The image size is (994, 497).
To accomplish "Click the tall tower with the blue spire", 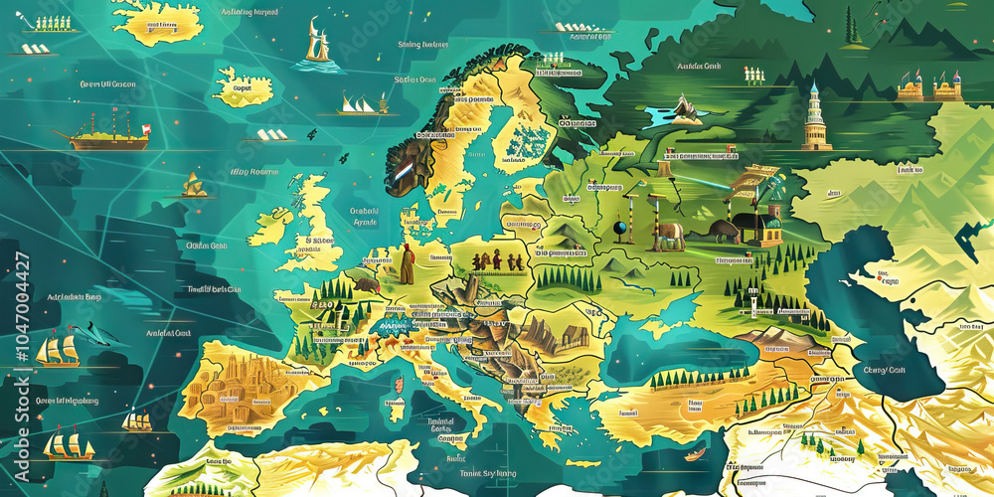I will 815,117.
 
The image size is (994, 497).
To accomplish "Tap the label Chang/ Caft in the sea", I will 884,370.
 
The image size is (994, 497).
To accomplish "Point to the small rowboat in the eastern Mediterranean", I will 695,454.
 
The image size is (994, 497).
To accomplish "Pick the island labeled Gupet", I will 244,86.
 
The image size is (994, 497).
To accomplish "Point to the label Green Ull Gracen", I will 107,84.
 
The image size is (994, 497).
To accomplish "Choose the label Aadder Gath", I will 698,67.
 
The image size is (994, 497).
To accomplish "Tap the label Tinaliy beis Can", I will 213,289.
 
